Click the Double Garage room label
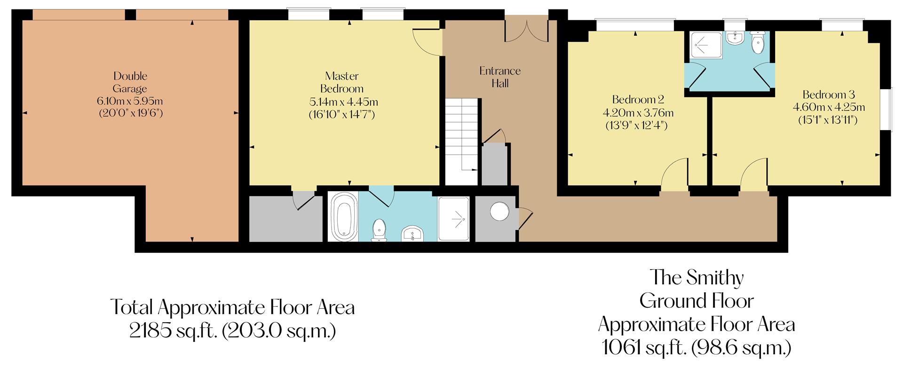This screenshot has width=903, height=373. pos(130,82)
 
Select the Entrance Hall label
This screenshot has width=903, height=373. pos(499,77)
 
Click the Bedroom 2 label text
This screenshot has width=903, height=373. pos(638,100)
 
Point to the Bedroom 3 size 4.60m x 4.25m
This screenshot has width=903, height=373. pos(829,107)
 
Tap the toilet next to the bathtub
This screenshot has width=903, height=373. pos(379,230)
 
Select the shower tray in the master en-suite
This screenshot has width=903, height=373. pos(454,219)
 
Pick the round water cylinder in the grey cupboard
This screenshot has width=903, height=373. pos(499,212)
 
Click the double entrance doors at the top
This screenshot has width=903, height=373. pos(527,29)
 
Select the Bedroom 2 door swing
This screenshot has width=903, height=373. pos(675,173)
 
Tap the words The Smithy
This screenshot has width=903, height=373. pos(697,278)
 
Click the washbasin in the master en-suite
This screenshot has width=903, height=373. pos(413,233)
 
